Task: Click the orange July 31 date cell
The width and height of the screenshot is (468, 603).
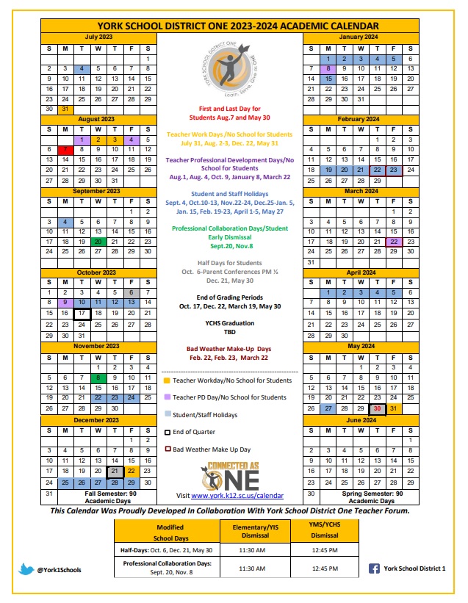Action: [x=65, y=108]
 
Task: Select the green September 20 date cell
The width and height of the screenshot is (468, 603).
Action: [x=98, y=241]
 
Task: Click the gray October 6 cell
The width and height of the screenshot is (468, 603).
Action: [x=132, y=292]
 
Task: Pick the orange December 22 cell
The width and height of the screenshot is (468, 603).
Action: [x=132, y=472]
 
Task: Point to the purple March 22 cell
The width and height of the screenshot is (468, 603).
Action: [x=394, y=241]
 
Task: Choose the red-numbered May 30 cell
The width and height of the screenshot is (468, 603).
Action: [x=377, y=409]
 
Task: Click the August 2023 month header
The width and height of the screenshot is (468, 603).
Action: [x=98, y=118]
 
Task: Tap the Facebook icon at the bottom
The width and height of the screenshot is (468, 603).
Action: [x=373, y=568]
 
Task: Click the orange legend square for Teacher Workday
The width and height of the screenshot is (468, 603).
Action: [x=167, y=380]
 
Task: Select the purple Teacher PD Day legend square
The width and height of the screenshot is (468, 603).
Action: [x=167, y=397]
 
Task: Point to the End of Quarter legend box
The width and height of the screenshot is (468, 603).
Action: [x=167, y=432]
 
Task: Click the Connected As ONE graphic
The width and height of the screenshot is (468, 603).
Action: [x=230, y=474]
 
